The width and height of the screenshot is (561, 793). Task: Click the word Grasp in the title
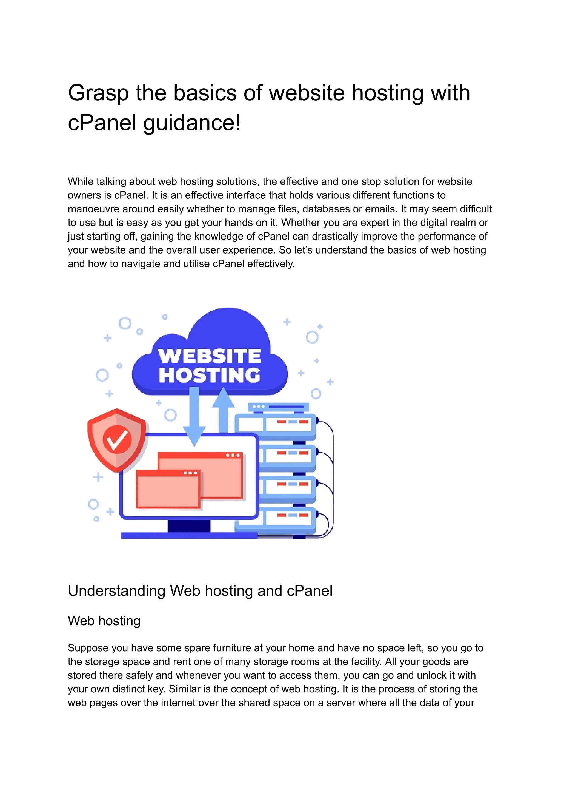tap(98, 93)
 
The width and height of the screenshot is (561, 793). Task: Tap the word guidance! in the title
tap(192, 123)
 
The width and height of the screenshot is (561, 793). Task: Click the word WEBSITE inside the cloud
tap(209, 356)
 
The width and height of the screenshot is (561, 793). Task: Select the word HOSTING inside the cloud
tap(209, 375)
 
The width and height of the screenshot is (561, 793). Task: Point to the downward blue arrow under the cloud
tap(194, 415)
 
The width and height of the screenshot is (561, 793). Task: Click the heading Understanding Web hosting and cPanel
tap(200, 591)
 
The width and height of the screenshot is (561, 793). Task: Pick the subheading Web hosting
tap(104, 621)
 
